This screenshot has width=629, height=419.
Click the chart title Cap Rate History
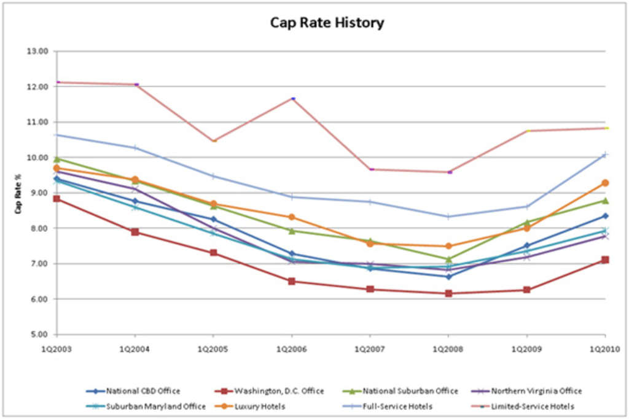[327, 23]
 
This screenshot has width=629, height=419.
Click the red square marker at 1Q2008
[448, 293]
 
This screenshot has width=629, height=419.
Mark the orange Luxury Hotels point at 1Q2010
[605, 183]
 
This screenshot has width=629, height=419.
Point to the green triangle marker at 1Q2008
[448, 259]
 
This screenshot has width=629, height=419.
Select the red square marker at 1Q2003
[57, 199]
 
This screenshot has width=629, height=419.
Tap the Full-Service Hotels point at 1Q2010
[604, 155]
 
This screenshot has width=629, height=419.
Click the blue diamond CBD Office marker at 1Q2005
[213, 219]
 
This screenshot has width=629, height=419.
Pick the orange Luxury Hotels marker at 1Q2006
[292, 217]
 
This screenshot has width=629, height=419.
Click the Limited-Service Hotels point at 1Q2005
[214, 141]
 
